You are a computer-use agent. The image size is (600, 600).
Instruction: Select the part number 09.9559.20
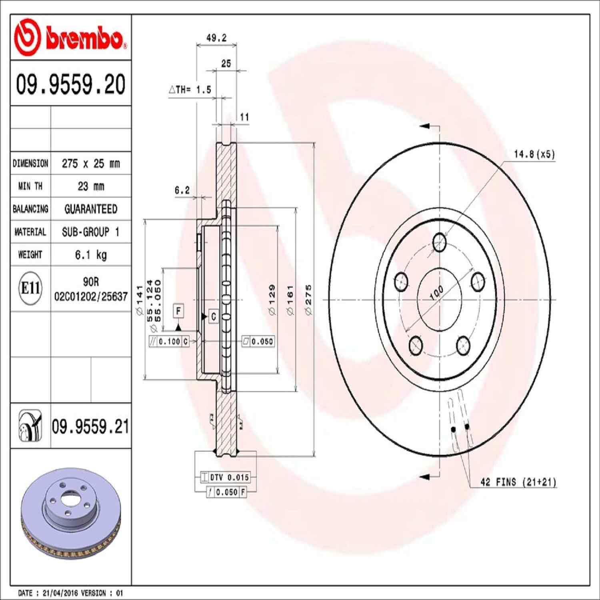[71, 84]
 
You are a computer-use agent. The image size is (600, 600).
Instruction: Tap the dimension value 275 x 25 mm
[91, 163]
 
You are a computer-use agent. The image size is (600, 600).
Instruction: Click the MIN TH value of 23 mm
[91, 186]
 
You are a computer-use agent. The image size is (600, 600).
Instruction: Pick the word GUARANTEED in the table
[91, 209]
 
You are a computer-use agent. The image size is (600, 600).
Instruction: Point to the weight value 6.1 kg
[91, 255]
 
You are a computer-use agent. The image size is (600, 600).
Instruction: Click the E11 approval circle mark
[30, 288]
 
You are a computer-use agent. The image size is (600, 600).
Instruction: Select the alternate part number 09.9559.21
[90, 426]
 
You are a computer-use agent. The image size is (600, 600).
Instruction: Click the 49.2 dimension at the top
[216, 38]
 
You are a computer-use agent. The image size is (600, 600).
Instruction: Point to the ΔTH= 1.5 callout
[190, 90]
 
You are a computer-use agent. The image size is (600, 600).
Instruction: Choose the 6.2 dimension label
[182, 190]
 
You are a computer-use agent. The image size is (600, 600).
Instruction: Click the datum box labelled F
[178, 311]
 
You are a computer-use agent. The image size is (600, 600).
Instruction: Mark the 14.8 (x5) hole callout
[534, 154]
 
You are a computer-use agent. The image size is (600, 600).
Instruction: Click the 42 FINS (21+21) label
[518, 482]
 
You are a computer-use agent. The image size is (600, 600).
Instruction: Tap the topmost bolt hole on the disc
[439, 242]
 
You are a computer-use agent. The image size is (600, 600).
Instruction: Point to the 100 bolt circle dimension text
[436, 292]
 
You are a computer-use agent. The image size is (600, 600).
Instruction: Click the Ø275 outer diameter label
[308, 300]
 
